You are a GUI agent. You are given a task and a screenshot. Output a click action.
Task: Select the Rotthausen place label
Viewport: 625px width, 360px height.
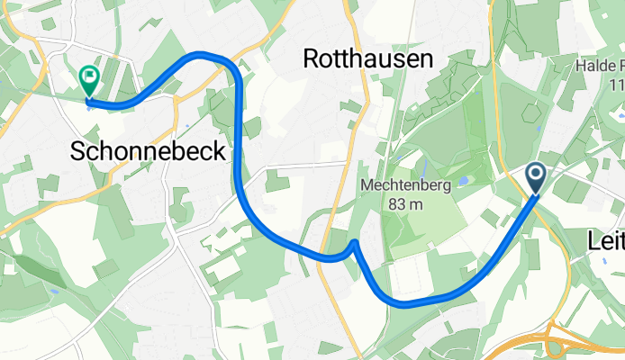pyautogui.click(x=368, y=59)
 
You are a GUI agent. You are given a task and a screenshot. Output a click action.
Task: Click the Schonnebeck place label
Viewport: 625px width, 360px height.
pyautogui.click(x=149, y=153)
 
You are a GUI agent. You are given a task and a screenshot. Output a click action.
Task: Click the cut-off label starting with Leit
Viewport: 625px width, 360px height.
pyautogui.click(x=605, y=241)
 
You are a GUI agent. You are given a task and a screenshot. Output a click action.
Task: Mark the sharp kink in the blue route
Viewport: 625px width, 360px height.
pyautogui.click(x=356, y=242)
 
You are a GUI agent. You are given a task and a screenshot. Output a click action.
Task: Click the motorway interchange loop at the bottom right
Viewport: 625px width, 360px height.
pyautogui.click(x=564, y=347)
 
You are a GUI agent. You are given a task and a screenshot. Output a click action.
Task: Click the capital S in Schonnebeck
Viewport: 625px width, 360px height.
pyautogui.click(x=79, y=153)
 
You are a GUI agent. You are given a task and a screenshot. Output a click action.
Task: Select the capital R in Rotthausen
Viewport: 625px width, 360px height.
pyautogui.click(x=312, y=59)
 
